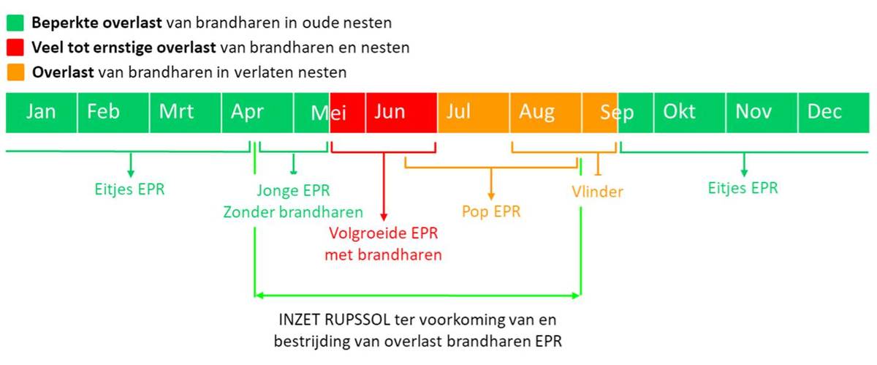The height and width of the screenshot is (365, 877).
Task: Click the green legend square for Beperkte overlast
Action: tap(15, 23)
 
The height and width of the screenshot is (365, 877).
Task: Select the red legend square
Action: tap(15, 48)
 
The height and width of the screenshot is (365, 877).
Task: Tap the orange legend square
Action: tap(15, 72)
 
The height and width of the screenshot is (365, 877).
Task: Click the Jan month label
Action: tap(41, 112)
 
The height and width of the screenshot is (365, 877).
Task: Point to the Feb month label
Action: tap(103, 111)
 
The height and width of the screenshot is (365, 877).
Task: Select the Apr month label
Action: tap(247, 113)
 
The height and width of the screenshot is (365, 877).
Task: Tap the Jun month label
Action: tap(390, 111)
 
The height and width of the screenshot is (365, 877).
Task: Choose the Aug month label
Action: tap(536, 113)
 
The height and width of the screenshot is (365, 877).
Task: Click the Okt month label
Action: tap(679, 111)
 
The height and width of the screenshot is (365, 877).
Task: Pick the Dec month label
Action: tap(824, 111)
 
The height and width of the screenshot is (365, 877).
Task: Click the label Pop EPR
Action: tap(491, 211)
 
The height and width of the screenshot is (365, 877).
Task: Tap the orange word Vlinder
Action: tap(598, 192)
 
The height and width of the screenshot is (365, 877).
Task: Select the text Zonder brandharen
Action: tap(293, 212)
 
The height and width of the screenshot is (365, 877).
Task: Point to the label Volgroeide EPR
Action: tap(383, 233)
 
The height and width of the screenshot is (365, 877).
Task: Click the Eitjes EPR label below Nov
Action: tap(743, 188)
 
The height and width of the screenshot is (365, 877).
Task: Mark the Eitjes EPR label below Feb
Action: tap(129, 189)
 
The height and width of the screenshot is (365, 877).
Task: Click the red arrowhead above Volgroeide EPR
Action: tap(384, 217)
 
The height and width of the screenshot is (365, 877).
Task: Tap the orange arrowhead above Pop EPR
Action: tap(491, 196)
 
